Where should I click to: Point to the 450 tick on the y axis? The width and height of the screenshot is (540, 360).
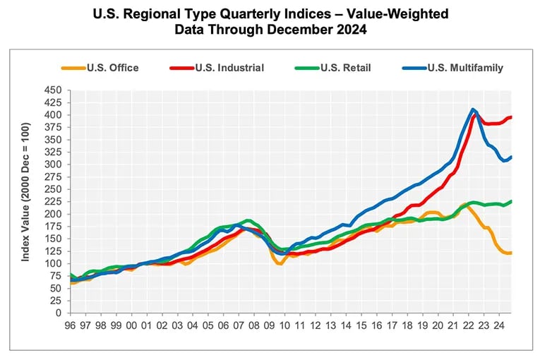(54, 90)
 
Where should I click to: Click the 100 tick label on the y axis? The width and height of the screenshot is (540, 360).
(54, 263)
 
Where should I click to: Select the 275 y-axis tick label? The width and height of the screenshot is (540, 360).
(54, 176)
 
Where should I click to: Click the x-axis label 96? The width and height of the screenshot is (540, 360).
(70, 326)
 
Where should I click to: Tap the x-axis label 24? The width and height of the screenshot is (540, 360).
(498, 326)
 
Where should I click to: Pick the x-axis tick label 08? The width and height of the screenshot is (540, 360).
(253, 326)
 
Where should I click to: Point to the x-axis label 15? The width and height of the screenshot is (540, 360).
(361, 326)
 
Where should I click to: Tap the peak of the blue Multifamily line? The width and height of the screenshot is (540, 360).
(472, 109)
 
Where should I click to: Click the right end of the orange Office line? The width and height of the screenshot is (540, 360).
(511, 253)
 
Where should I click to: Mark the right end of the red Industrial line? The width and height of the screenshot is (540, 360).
(511, 117)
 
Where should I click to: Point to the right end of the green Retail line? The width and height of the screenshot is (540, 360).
(511, 201)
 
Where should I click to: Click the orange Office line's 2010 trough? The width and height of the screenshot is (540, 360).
(280, 263)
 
